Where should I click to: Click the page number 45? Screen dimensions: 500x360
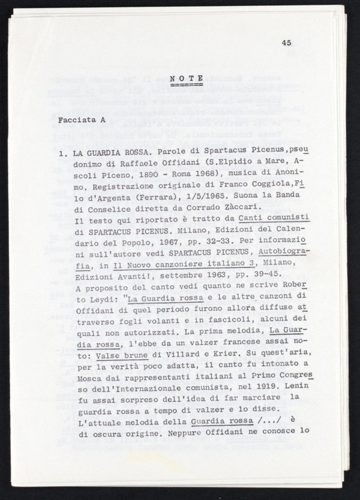pyautogui.click(x=285, y=43)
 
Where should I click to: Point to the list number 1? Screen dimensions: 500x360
pyautogui.click(x=62, y=154)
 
